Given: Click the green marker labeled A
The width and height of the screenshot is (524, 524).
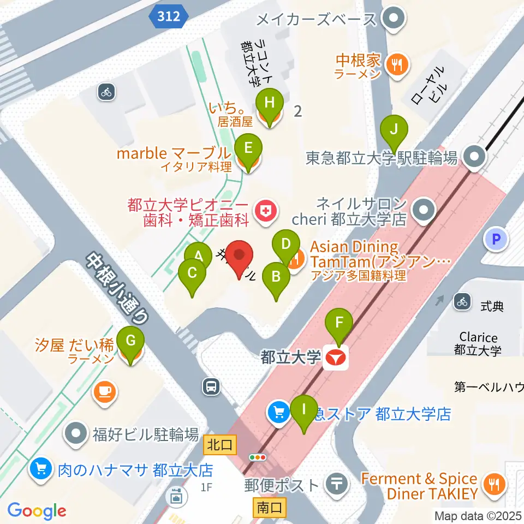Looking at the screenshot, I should click(198, 255).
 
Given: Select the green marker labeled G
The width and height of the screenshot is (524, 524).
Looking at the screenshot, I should click(130, 340).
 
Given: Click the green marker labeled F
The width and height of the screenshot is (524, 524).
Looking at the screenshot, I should click(339, 323).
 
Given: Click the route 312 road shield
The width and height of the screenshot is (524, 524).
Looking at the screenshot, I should click(169, 17).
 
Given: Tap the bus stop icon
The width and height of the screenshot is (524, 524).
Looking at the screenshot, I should click(211, 387).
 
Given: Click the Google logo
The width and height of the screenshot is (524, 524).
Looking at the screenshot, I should click(37, 510).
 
